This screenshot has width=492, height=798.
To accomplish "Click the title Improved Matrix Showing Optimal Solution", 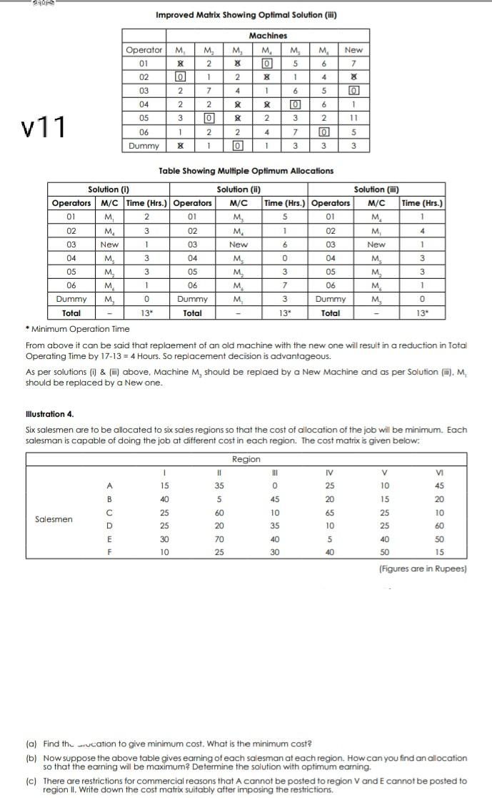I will point(246,15).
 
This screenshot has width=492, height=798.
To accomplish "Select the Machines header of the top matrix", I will point(268,35).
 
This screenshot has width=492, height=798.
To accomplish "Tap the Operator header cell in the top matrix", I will point(144,49).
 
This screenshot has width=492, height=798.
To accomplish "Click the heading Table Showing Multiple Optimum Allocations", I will point(246,171).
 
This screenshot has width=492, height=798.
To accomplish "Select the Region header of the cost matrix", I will point(246,459).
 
